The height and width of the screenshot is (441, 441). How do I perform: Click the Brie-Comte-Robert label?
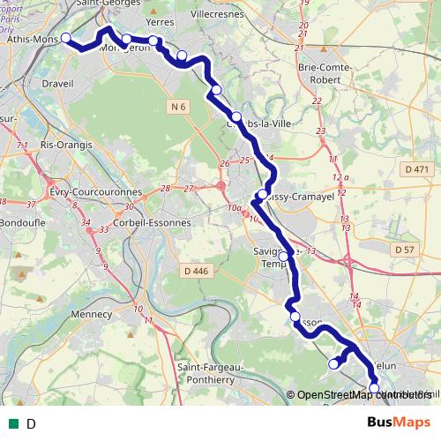[x=325, y=73]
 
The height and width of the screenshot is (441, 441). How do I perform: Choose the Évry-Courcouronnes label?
[x=95, y=191]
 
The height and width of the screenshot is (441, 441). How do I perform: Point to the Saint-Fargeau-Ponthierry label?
[x=211, y=372]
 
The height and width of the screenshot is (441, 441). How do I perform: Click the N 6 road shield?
[x=179, y=107]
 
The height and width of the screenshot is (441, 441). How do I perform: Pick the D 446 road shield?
[x=196, y=271]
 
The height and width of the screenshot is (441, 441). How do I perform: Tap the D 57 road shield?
[x=405, y=250]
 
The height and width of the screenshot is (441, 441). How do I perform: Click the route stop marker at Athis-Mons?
[x=64, y=38]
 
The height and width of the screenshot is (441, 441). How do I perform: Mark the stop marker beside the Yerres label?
[x=153, y=41]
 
